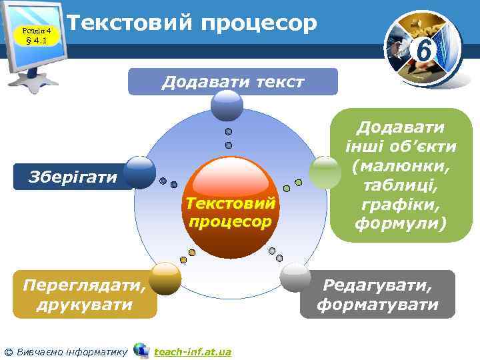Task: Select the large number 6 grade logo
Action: point(421,49)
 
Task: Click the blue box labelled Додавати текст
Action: point(233,81)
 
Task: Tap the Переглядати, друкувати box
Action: point(83,295)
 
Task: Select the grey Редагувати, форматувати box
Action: point(377,295)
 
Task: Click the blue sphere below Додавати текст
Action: point(227,105)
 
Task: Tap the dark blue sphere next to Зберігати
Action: point(140,172)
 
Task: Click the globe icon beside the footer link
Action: point(141,350)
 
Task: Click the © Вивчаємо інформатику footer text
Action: point(65,351)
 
